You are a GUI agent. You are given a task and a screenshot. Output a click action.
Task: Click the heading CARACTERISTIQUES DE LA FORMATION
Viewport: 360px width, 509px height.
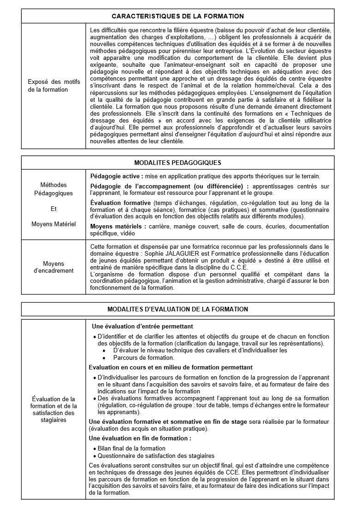click(178, 16)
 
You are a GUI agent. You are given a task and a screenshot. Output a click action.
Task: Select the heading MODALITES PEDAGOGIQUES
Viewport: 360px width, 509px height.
click(178, 163)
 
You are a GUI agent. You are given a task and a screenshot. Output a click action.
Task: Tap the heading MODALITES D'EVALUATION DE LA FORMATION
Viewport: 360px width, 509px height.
click(178, 309)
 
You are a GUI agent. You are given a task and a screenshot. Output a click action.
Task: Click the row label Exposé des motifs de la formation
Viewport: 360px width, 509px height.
click(53, 86)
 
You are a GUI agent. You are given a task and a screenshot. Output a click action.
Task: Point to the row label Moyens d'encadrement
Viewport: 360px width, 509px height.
click(53, 267)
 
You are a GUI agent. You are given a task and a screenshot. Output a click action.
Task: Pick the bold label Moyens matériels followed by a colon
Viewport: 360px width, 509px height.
click(118, 227)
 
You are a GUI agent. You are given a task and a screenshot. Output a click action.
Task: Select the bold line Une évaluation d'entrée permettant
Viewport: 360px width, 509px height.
click(142, 326)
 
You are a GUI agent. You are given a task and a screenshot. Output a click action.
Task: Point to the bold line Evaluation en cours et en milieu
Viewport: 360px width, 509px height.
click(171, 368)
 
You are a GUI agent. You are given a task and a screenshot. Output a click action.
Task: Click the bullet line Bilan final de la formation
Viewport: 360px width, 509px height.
click(131, 448)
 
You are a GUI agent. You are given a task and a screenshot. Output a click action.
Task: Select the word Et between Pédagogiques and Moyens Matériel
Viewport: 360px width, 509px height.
click(53, 209)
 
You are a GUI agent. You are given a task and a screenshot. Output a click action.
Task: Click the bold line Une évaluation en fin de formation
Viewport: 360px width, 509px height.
click(140, 439)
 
